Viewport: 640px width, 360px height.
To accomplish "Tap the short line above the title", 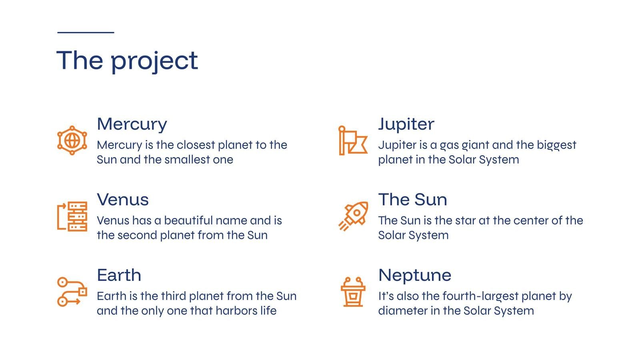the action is pyautogui.click(x=86, y=32).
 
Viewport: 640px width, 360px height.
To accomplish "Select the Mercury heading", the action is pyautogui.click(x=132, y=125).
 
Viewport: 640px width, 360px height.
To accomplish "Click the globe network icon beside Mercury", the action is pyautogui.click(x=72, y=140).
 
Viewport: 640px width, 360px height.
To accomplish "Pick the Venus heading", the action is pyautogui.click(x=123, y=200).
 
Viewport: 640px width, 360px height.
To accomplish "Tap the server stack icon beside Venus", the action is pyautogui.click(x=72, y=216).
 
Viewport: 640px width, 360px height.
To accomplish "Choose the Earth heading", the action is pyautogui.click(x=119, y=275).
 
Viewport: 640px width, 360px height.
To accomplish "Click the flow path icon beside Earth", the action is pyautogui.click(x=72, y=292).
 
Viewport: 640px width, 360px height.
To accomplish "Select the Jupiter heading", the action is pyautogui.click(x=406, y=125).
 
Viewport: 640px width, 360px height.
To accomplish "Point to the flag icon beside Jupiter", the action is pyautogui.click(x=353, y=140).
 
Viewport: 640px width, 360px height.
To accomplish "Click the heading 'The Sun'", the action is pyautogui.click(x=413, y=200).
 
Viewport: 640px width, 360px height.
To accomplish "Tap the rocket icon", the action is pyautogui.click(x=354, y=216).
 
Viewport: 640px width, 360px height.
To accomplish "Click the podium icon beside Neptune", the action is pyautogui.click(x=353, y=292).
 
